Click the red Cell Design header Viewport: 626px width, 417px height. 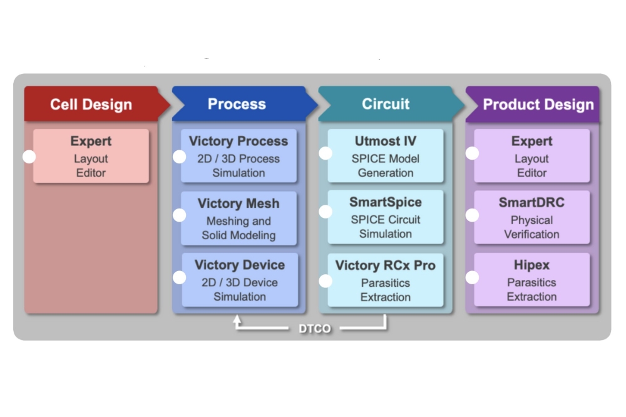pyautogui.click(x=91, y=104)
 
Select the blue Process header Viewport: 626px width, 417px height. pyautogui.click(x=237, y=104)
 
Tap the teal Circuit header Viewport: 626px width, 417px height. pyautogui.click(x=386, y=104)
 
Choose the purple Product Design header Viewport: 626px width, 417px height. pyautogui.click(x=538, y=104)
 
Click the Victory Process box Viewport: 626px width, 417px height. pyautogui.click(x=239, y=157)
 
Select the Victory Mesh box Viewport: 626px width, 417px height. pyautogui.click(x=239, y=219)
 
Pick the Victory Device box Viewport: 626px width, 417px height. pyautogui.click(x=240, y=280)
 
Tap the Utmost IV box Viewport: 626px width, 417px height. pyautogui.click(x=386, y=157)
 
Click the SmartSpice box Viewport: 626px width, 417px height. pyautogui.click(x=386, y=217)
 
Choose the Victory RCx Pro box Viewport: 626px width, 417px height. pyautogui.click(x=386, y=280)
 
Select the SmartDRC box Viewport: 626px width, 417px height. pyautogui.click(x=531, y=217)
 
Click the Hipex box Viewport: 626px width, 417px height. pyautogui.click(x=531, y=280)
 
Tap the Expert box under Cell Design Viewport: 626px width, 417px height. pyautogui.click(x=91, y=157)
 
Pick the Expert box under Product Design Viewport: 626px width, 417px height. pyautogui.click(x=531, y=157)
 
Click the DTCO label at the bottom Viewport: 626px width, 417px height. pyautogui.click(x=314, y=329)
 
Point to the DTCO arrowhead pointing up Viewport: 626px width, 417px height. pyautogui.click(x=237, y=319)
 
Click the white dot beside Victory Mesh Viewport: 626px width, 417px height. pyautogui.click(x=179, y=215)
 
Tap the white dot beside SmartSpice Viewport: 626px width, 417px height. pyautogui.click(x=326, y=212)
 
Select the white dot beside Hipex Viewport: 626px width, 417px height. pyautogui.click(x=472, y=277)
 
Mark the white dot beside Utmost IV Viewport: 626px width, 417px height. pyautogui.click(x=326, y=153)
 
